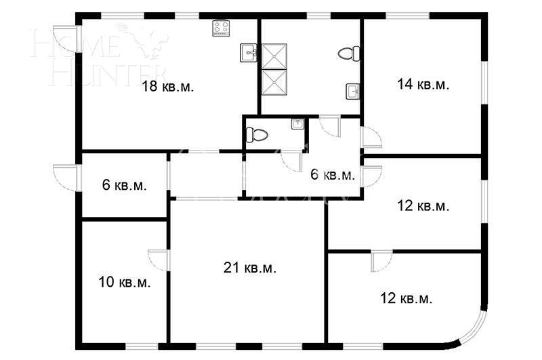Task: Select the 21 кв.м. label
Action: click(x=249, y=268)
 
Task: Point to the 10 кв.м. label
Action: click(x=124, y=281)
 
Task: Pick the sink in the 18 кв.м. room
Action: click(x=248, y=52)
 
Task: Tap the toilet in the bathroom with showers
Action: click(x=349, y=52)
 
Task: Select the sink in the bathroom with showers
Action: click(x=352, y=91)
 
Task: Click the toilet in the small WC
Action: click(x=257, y=134)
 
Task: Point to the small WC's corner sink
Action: click(x=297, y=123)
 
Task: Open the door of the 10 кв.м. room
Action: click(x=158, y=260)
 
